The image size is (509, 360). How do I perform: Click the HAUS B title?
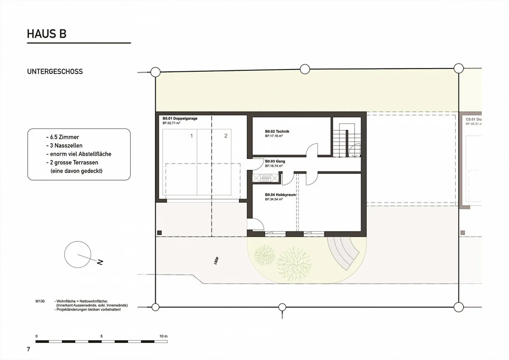47,34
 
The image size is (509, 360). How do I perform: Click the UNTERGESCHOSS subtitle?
55,71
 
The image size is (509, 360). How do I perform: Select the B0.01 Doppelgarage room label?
180,118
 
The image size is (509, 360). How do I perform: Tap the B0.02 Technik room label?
277,131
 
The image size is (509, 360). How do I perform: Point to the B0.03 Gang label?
275,161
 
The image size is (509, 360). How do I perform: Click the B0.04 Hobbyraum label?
280,194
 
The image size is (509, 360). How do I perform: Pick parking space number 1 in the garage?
192,136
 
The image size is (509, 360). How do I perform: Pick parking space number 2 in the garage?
226,136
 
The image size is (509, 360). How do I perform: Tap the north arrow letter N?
100,262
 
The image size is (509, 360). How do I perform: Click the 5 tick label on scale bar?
101,336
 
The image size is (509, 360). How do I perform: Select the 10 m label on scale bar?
163,336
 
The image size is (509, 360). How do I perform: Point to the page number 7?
29,349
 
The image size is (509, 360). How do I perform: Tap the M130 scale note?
40,301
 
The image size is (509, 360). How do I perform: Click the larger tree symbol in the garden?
294,261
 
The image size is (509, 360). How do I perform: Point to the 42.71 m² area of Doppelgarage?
171,123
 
